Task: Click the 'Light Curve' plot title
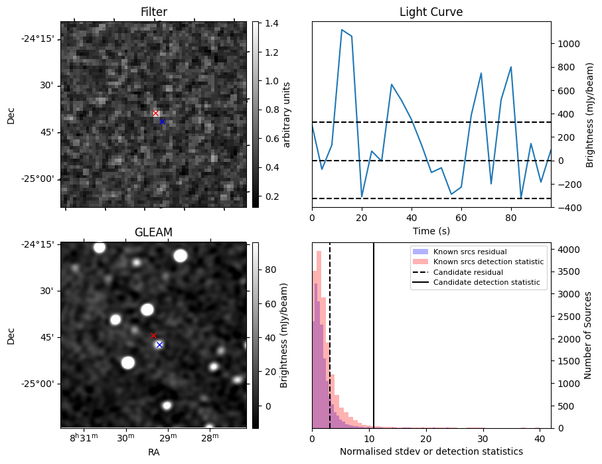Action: click(x=431, y=12)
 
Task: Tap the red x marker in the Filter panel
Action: click(x=156, y=114)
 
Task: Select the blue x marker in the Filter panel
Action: click(x=162, y=121)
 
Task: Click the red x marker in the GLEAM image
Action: click(x=153, y=336)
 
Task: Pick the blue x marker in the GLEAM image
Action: click(x=159, y=345)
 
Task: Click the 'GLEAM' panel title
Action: click(x=153, y=232)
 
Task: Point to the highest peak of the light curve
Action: click(x=342, y=30)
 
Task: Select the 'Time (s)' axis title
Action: click(x=431, y=230)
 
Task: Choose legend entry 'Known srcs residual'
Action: click(x=469, y=252)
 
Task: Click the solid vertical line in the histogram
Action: click(x=374, y=332)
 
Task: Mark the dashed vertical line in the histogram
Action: click(x=330, y=332)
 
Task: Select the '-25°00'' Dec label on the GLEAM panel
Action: click(x=37, y=384)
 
